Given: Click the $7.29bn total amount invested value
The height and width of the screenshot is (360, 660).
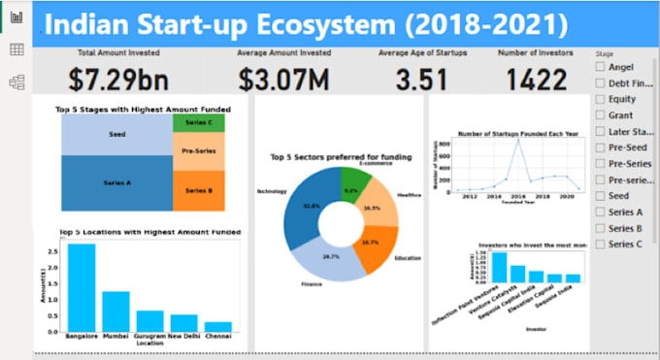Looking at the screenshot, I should tap(113, 79).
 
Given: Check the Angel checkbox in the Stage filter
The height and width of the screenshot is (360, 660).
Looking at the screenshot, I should tap(601, 67).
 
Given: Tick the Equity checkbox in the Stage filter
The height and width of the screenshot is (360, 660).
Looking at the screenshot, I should tap(601, 99).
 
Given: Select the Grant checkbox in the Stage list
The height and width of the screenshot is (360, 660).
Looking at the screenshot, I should tap(601, 115).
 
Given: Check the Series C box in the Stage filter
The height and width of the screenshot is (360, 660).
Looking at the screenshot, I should tap(601, 244).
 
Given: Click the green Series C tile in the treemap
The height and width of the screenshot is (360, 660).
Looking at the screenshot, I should tap(198, 123).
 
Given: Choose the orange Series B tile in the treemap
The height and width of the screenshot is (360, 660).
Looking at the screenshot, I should tap(198, 191).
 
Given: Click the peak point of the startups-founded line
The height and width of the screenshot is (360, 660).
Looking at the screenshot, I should tap(518, 140).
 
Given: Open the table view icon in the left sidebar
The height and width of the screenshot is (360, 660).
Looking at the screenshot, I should tap(16, 49).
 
